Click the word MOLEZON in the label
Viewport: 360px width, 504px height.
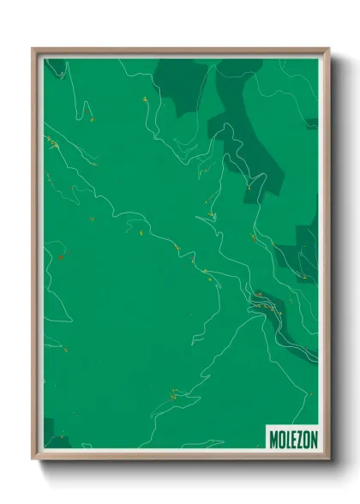pyautogui.click(x=292, y=438)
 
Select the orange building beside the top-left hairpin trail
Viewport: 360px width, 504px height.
pyautogui.click(x=87, y=110)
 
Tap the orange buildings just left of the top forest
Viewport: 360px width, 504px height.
pyautogui.click(x=145, y=99)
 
